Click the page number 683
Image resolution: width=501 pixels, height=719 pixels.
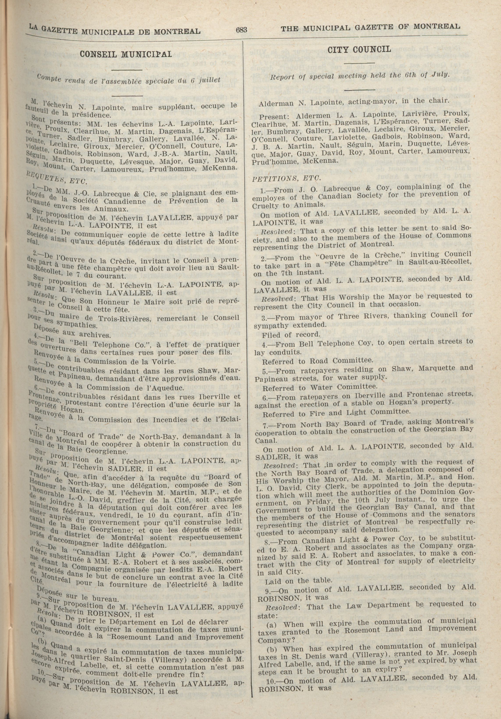(242, 30)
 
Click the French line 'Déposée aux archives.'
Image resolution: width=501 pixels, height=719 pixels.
(72, 333)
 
